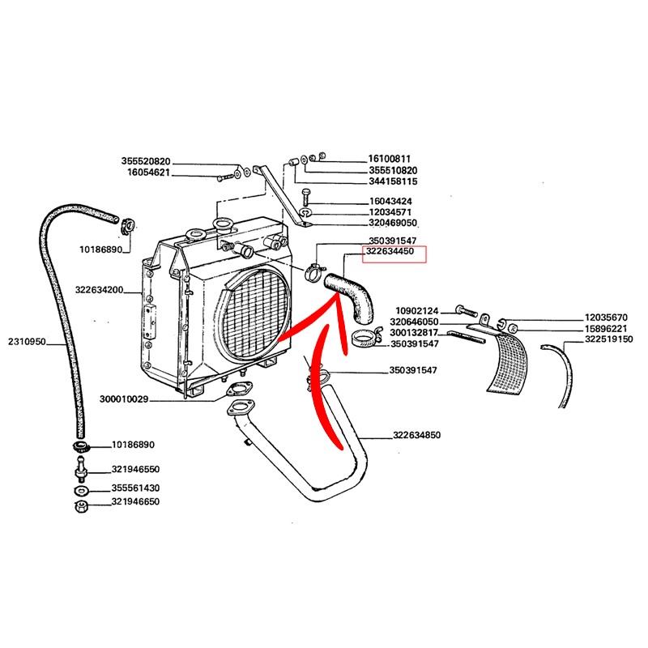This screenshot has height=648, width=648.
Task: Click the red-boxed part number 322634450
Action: tap(391, 253)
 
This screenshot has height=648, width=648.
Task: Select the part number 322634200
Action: tap(99, 289)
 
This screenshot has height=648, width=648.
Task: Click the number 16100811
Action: tap(390, 159)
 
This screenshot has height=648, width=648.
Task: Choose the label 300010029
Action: tap(125, 399)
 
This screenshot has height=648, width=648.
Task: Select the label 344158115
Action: tap(393, 182)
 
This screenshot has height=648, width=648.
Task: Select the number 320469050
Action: tap(393, 222)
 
